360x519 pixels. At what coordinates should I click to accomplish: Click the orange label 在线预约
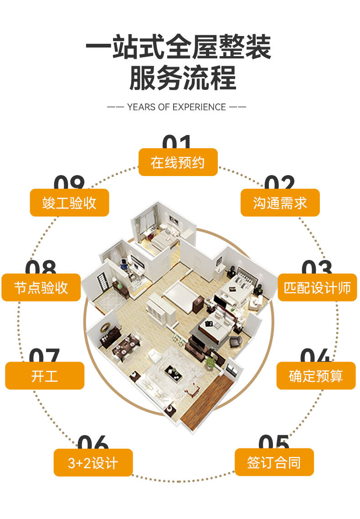tap(178, 162)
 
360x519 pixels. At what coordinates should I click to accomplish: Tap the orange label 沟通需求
tap(280, 202)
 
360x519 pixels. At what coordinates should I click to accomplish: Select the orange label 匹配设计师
tap(317, 287)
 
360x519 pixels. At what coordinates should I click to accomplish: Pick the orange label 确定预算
tap(316, 376)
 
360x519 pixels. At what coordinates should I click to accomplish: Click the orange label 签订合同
tap(274, 462)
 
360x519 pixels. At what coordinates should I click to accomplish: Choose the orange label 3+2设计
tap(93, 462)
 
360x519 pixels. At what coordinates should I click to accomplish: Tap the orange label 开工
tap(45, 376)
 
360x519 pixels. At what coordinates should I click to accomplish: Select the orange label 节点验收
tap(41, 287)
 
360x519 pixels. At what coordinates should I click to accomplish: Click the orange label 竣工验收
tap(69, 202)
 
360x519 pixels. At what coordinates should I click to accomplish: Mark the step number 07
tap(45, 355)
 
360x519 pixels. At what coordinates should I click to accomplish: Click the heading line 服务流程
tap(183, 78)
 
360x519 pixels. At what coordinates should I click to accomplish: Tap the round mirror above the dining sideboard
tap(105, 327)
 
